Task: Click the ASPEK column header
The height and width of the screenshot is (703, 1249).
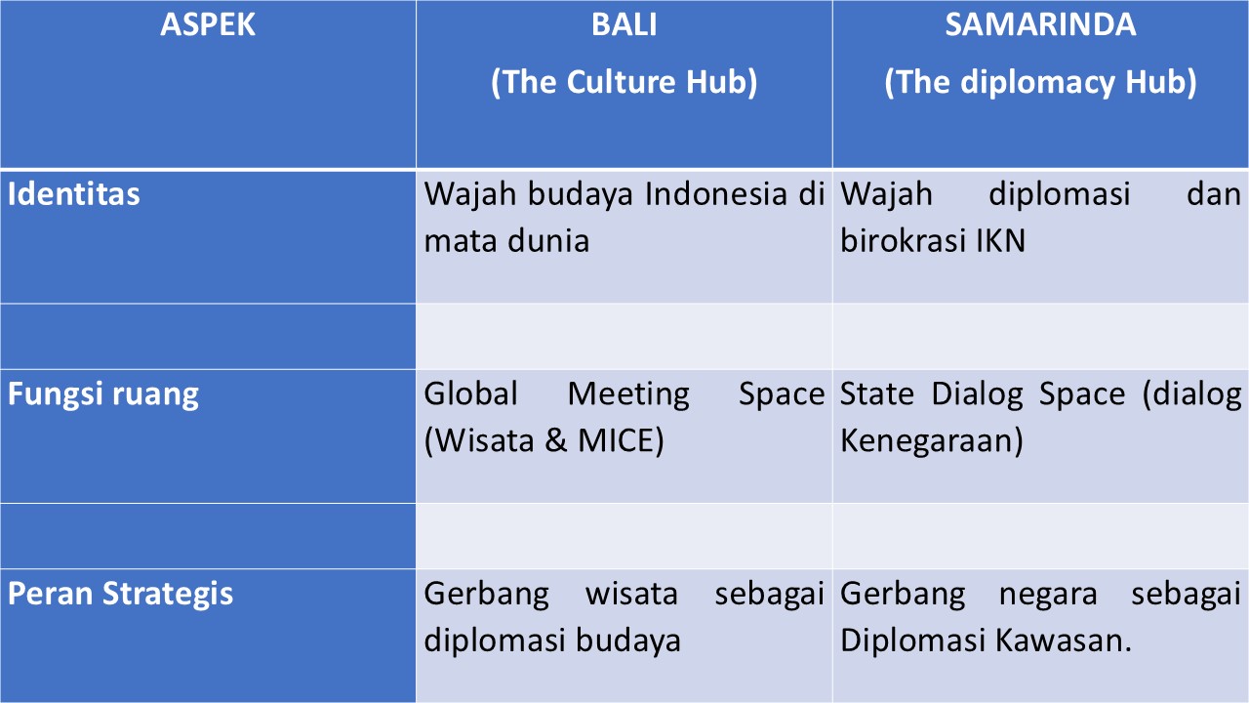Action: pyautogui.click(x=208, y=25)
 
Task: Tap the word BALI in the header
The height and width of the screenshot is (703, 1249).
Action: pyautogui.click(x=624, y=25)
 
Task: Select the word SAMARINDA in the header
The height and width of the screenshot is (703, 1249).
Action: pyautogui.click(x=1040, y=25)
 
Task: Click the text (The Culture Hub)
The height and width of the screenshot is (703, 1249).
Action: pyautogui.click(x=624, y=83)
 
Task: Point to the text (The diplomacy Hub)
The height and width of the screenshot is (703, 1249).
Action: pyautogui.click(x=1040, y=83)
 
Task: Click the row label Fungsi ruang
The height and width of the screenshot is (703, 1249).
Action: pyautogui.click(x=103, y=394)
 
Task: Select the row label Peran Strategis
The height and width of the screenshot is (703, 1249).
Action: pyautogui.click(x=121, y=594)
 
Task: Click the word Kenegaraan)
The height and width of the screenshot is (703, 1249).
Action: pyautogui.click(x=932, y=441)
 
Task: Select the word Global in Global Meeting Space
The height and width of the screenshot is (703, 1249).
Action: pyautogui.click(x=471, y=394)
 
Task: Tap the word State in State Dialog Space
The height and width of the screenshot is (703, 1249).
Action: pyautogui.click(x=877, y=394)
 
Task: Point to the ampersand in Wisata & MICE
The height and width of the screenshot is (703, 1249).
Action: pyautogui.click(x=556, y=441)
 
